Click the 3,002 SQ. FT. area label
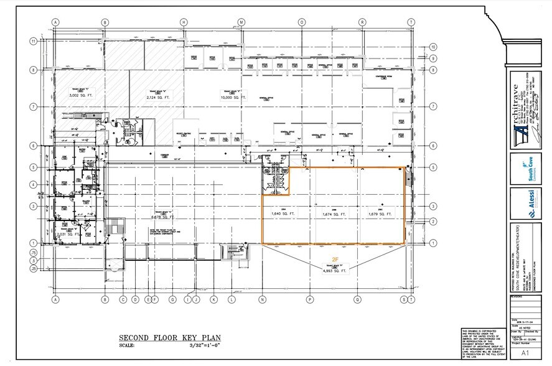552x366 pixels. pyautogui.click(x=80, y=97)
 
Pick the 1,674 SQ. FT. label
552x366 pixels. pyautogui.click(x=333, y=213)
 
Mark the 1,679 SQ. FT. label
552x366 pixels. pyautogui.click(x=380, y=213)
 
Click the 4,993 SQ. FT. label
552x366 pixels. pyautogui.click(x=331, y=271)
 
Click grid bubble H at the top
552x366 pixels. pyautogui.click(x=184, y=22)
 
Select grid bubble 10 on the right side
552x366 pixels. pyautogui.click(x=432, y=46)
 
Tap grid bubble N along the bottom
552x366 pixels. pyautogui.click(x=262, y=299)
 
